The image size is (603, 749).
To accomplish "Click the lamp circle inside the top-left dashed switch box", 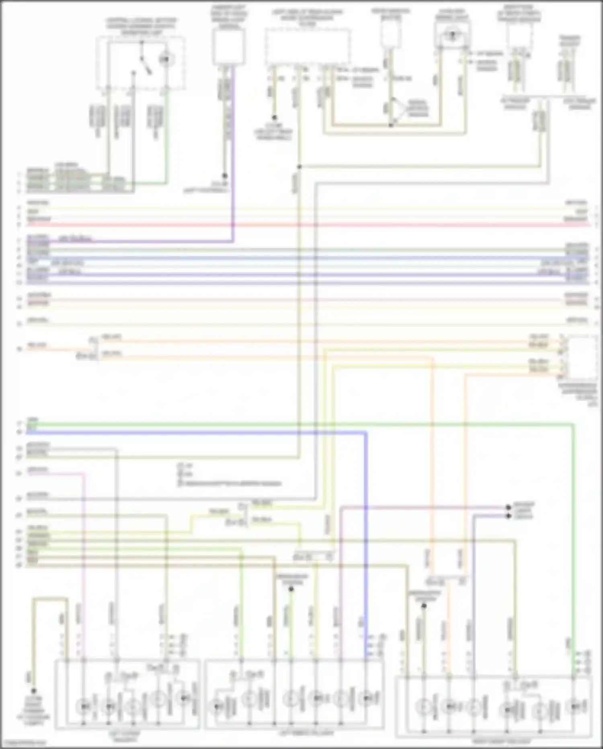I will tap(164, 60).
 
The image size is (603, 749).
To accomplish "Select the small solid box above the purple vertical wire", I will tap(229, 47).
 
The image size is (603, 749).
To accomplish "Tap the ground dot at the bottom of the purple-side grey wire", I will tap(225, 176).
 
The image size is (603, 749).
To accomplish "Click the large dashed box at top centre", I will tap(307, 47).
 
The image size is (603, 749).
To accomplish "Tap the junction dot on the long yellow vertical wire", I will tap(299, 167).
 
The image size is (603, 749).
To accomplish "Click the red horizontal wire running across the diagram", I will tap(306, 224).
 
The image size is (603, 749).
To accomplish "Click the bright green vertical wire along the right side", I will tap(574, 523).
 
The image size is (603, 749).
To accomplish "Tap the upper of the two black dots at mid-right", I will tap(508, 507).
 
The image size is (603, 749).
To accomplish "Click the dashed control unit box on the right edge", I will tap(581, 358).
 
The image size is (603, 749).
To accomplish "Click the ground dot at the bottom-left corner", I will tap(33, 691).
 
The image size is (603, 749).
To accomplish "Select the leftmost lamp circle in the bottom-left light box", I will tap(84, 706).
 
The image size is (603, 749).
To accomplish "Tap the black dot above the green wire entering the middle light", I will tap(291, 589).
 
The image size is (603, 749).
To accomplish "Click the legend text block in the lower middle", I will tap(229, 475).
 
